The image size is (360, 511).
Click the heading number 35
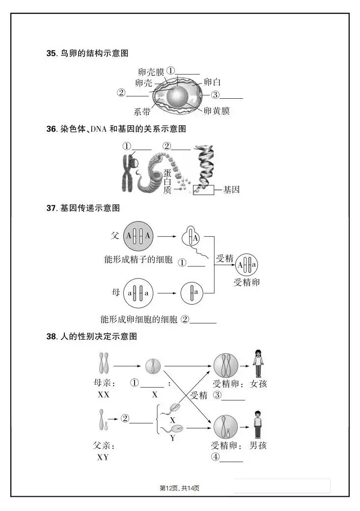tap(51, 53)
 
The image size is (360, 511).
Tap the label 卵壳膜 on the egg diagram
tap(151, 72)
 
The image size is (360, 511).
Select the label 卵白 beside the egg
tap(212, 82)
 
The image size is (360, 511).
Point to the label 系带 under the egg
tap(142, 112)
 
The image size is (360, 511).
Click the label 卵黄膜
tap(217, 111)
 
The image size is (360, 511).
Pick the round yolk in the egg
tap(177, 96)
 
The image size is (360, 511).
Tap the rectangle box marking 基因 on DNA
tap(204, 190)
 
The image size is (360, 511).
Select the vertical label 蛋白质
tap(168, 181)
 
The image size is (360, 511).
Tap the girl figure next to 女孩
tap(258, 364)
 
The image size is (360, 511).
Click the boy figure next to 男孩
tap(257, 425)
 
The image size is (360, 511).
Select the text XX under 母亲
tap(104, 395)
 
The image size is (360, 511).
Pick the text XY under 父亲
tap(103, 457)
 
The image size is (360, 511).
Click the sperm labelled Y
tap(178, 429)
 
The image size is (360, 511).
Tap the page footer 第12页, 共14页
tap(180, 487)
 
